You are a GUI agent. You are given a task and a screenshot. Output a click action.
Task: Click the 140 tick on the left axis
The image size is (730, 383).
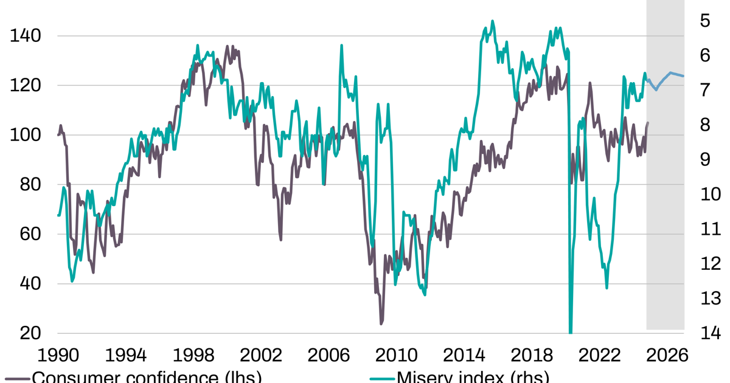(x=26, y=36)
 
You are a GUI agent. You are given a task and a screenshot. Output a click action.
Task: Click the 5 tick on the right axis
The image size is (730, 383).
(x=705, y=21)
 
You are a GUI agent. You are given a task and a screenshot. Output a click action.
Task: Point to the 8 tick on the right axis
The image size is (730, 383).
(x=705, y=125)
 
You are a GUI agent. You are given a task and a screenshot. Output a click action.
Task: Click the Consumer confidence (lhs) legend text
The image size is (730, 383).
(x=146, y=378)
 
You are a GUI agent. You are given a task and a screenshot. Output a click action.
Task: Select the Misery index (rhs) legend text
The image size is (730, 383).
(x=473, y=378)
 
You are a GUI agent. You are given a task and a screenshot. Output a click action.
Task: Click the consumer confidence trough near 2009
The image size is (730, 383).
(x=381, y=323)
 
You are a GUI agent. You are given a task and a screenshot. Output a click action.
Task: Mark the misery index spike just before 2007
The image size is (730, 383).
(x=341, y=46)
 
